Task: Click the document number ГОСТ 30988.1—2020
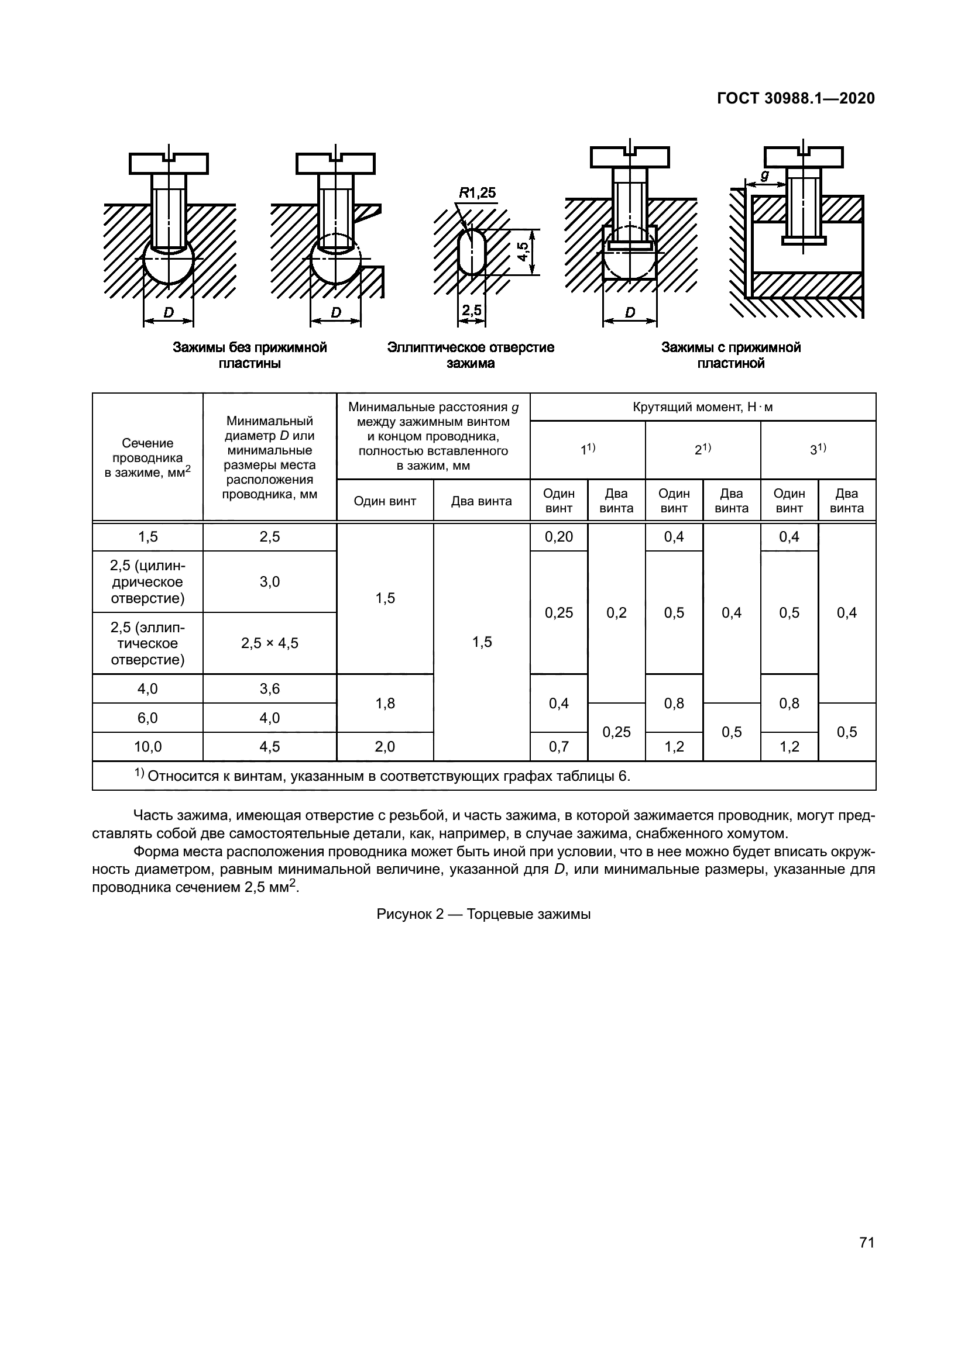point(796,98)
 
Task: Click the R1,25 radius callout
point(477,193)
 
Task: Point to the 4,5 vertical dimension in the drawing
point(523,251)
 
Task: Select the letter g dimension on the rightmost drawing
point(765,176)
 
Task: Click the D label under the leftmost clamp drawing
point(169,312)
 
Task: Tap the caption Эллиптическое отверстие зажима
point(471,355)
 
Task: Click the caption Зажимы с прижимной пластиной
point(731,355)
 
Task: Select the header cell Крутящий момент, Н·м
point(702,408)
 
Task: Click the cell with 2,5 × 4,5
point(269,643)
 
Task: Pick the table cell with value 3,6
point(269,689)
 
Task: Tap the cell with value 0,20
point(558,537)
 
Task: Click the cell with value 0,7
point(558,746)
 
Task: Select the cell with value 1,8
point(385,703)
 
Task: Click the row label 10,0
point(147,746)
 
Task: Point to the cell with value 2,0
point(385,746)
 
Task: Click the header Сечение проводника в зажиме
point(147,457)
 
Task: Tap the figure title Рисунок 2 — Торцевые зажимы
point(483,914)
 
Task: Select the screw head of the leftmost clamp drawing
point(169,163)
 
